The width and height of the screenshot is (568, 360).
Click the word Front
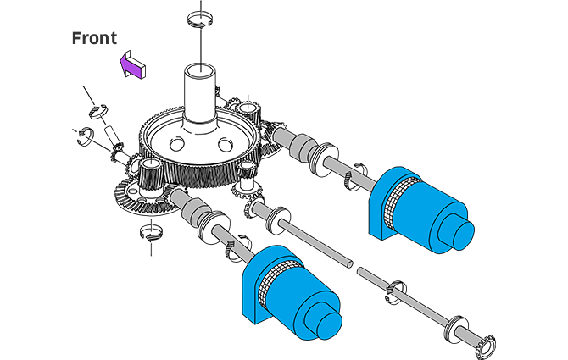coord(95,38)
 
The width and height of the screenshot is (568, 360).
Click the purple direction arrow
coord(132,64)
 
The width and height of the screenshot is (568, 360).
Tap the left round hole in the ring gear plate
coord(177,144)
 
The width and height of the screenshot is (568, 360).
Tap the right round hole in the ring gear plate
coord(226,145)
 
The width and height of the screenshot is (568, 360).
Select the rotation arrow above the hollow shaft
coord(199,19)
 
